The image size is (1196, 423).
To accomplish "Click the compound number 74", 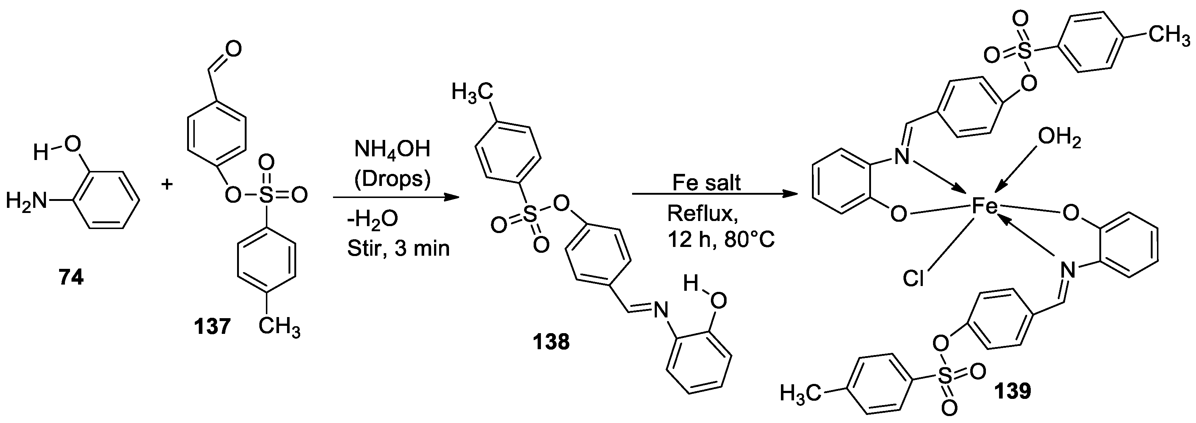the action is coord(71,278).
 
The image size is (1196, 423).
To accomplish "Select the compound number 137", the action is coord(213,327).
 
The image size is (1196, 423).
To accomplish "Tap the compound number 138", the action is coord(551,343).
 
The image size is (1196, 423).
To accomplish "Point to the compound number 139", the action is coord(1012,391).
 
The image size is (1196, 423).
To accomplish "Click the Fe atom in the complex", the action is coord(985,207).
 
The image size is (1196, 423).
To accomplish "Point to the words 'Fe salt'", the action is coord(707,183).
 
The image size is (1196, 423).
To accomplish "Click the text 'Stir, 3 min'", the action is coord(398,249).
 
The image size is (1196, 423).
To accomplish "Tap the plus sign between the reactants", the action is coord(167,184).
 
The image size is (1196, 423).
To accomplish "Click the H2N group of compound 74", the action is coord(27,201).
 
